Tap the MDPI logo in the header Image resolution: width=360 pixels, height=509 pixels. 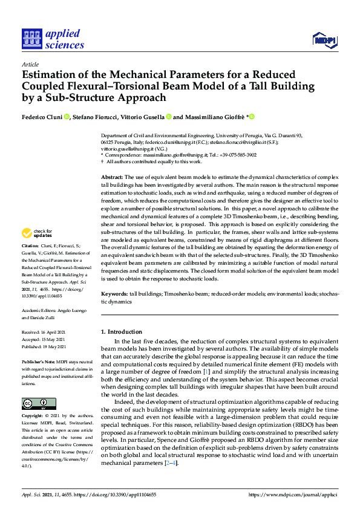(324, 41)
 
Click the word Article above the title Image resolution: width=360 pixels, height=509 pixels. (30, 63)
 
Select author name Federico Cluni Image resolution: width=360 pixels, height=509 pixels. (43, 117)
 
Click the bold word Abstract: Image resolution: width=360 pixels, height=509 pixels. (113, 175)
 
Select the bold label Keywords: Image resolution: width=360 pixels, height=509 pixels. (115, 293)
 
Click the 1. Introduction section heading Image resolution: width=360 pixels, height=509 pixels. (122, 332)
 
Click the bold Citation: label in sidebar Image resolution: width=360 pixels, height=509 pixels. (31, 264)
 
